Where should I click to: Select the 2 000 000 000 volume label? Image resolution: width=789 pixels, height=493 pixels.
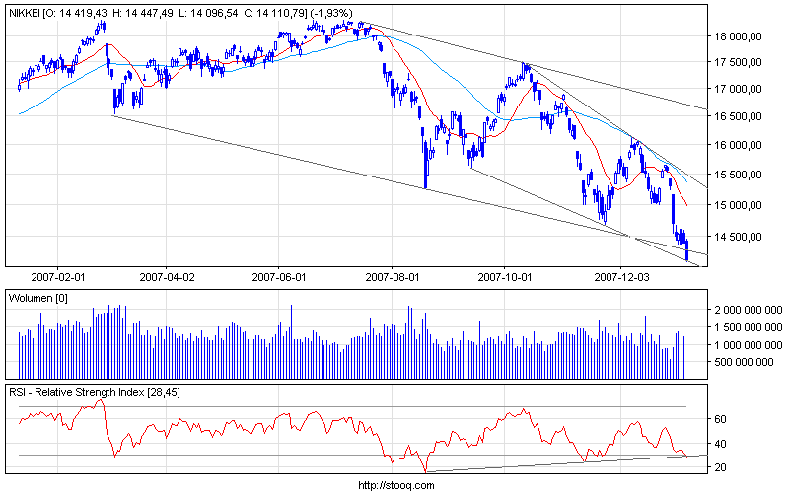pyautogui.click(x=747, y=309)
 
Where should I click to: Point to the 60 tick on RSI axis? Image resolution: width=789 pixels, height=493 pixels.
pyautogui.click(x=720, y=418)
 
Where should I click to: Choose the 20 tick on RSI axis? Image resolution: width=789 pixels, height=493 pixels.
pyautogui.click(x=720, y=466)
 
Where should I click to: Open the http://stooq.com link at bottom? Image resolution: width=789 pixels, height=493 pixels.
pyautogui.click(x=394, y=485)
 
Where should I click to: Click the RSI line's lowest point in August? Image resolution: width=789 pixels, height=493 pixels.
pyautogui.click(x=426, y=471)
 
